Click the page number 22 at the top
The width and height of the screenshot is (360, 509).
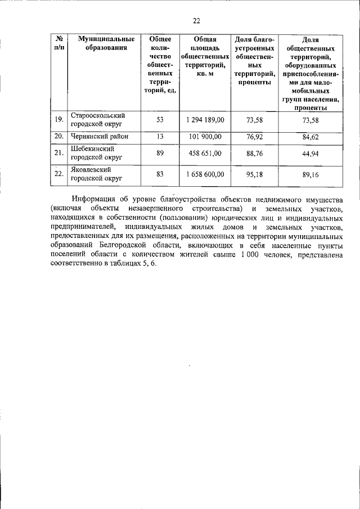click(x=196, y=21)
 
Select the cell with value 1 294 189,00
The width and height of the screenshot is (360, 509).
click(x=205, y=120)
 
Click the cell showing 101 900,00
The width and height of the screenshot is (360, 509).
click(x=205, y=136)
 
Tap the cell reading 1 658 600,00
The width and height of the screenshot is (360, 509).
click(x=205, y=174)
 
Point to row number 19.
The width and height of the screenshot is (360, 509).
click(x=58, y=120)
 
